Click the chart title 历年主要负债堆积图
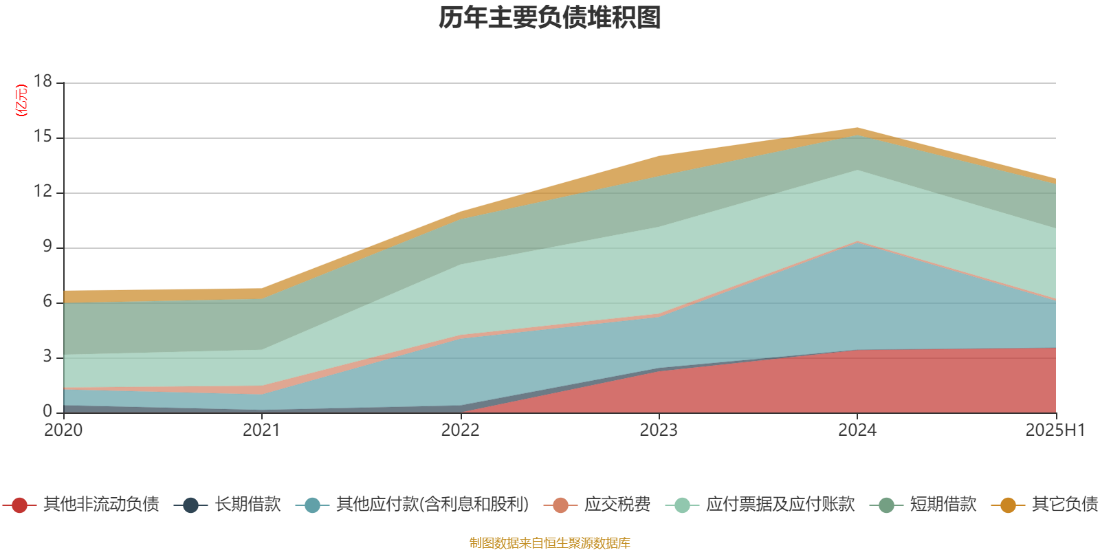coord(550,18)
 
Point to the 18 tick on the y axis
coord(43,81)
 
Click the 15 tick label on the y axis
coord(43,136)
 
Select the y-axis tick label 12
coord(43,191)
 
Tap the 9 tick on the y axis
coord(47,246)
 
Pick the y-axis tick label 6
coord(47,301)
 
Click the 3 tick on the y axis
coord(47,356)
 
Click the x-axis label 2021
coord(261,430)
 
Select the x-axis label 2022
coord(460,430)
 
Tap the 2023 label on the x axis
coord(659,430)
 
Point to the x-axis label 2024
coord(857,430)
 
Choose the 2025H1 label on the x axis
coord(1055,430)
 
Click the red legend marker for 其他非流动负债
coord(19,505)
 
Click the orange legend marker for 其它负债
coord(1008,505)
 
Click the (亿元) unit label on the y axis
coord(22,100)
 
